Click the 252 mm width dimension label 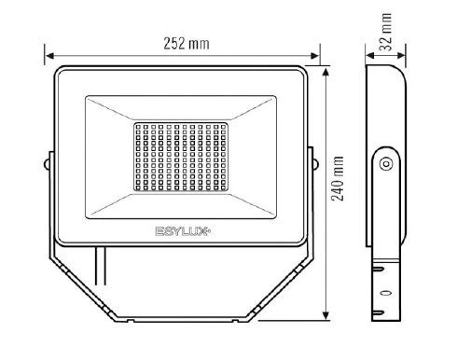coord(187,44)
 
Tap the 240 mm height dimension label coord(338,178)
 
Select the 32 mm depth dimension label coord(386,32)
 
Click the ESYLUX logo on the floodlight coord(183,231)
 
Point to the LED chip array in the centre coord(181,157)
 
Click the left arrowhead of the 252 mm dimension coord(49,56)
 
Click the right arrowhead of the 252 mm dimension coord(314,56)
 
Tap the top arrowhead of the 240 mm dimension coord(326,72)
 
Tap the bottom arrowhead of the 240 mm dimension coord(326,314)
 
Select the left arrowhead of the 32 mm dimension coord(370,56)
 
